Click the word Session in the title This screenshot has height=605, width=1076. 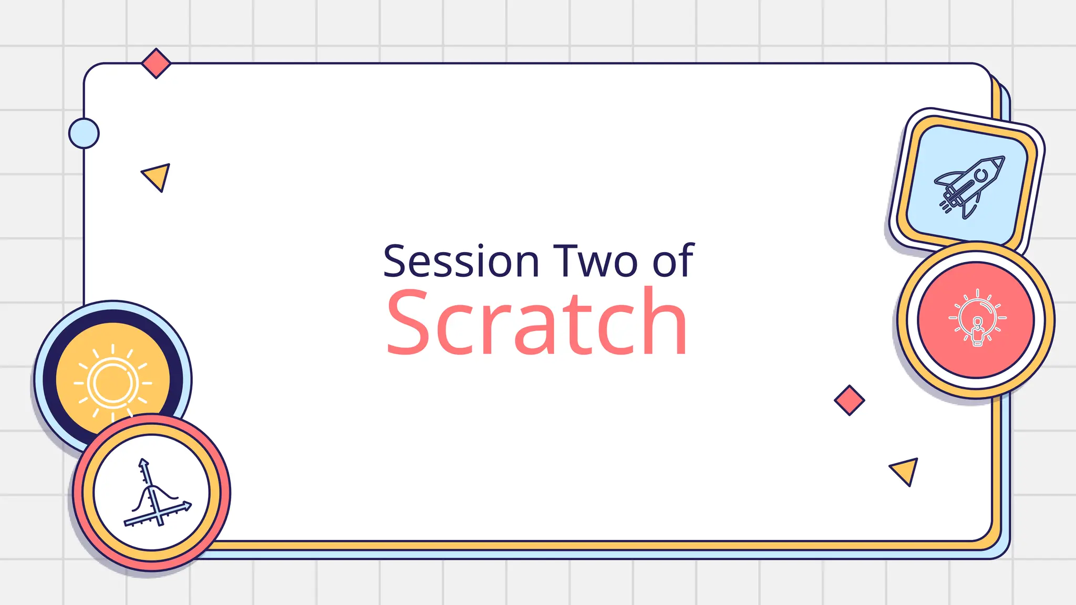click(x=461, y=261)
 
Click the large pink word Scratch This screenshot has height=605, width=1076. click(x=536, y=322)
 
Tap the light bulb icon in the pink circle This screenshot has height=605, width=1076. click(x=977, y=318)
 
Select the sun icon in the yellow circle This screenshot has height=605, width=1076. click(x=112, y=382)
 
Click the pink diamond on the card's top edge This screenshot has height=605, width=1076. click(x=156, y=63)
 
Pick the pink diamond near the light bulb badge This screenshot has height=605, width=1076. click(x=849, y=400)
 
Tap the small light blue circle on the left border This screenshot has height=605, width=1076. click(x=84, y=133)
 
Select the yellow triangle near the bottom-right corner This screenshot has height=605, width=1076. click(x=905, y=470)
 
